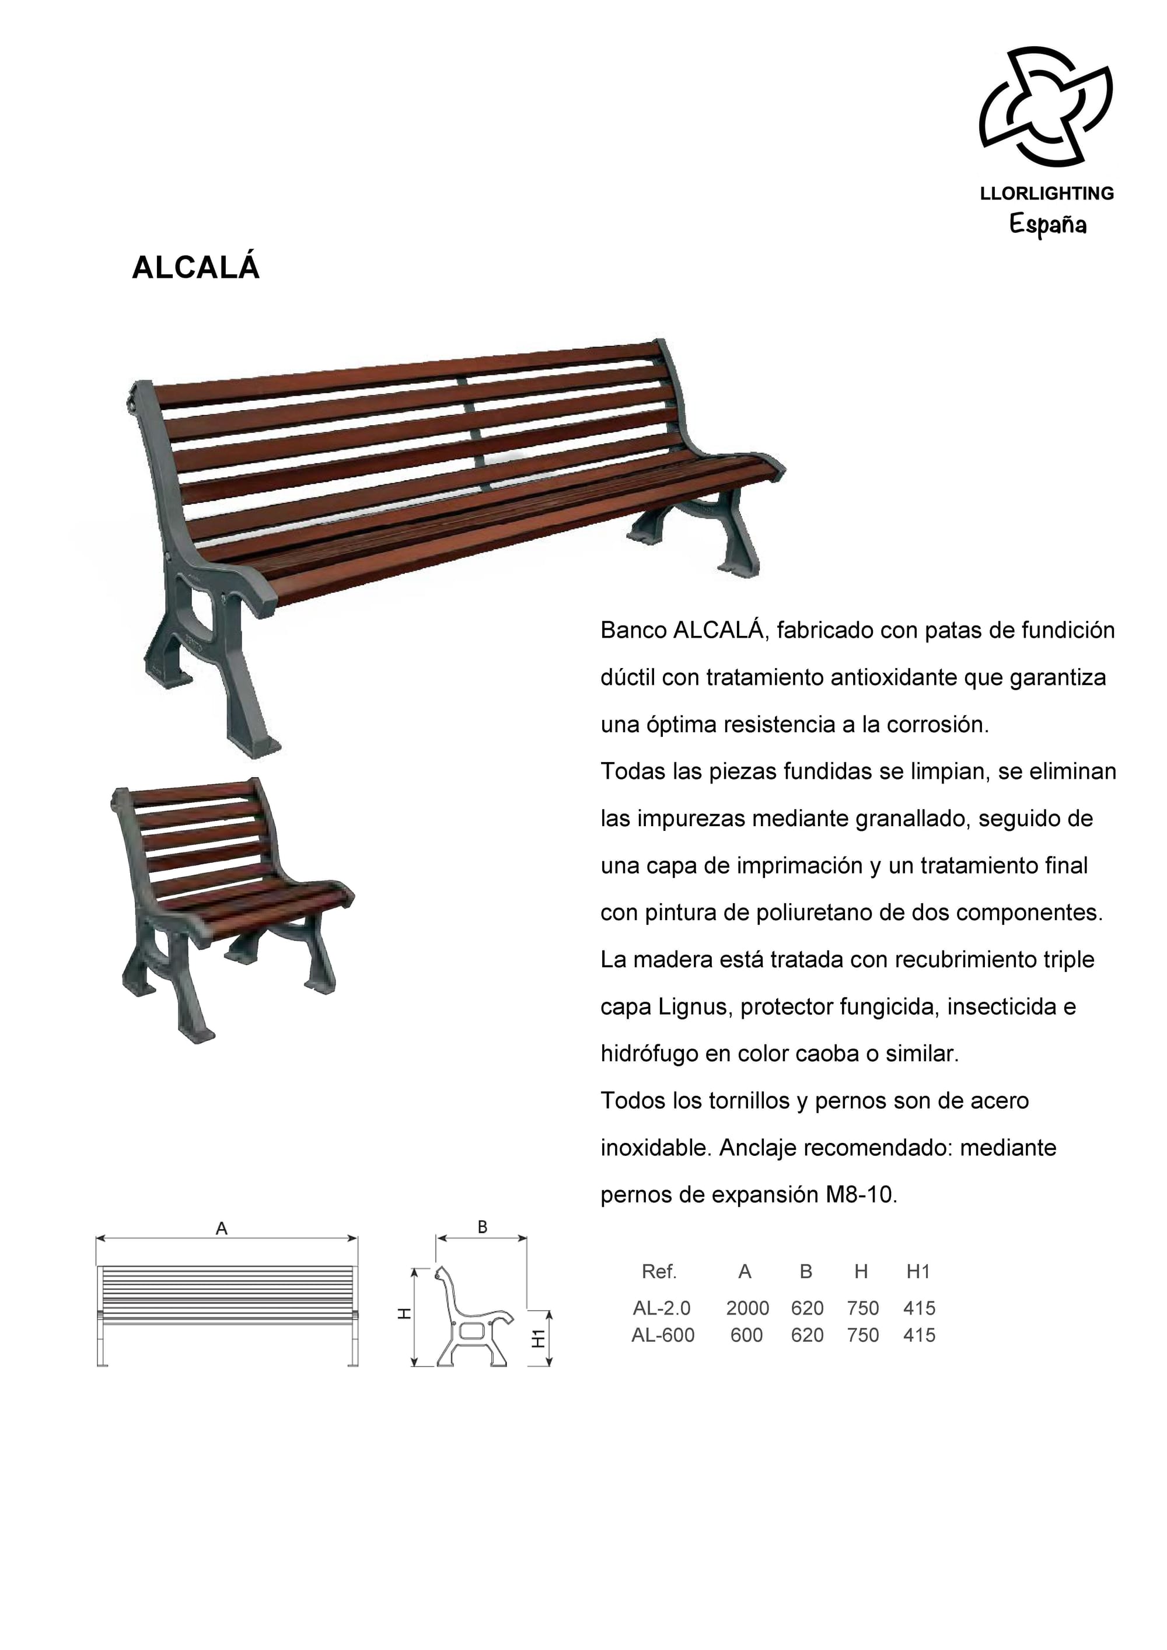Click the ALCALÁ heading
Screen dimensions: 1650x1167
click(x=195, y=267)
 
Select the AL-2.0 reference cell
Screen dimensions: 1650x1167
click(x=661, y=1308)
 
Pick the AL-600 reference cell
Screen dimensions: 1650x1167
click(x=662, y=1336)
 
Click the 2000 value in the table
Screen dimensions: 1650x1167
click(x=747, y=1308)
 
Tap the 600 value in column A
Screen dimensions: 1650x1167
click(x=747, y=1336)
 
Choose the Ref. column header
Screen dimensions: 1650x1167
click(x=659, y=1271)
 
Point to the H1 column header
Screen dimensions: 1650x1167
click(x=918, y=1271)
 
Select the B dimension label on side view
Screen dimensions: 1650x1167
click(x=482, y=1227)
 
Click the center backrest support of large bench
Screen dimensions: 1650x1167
click(x=474, y=431)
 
